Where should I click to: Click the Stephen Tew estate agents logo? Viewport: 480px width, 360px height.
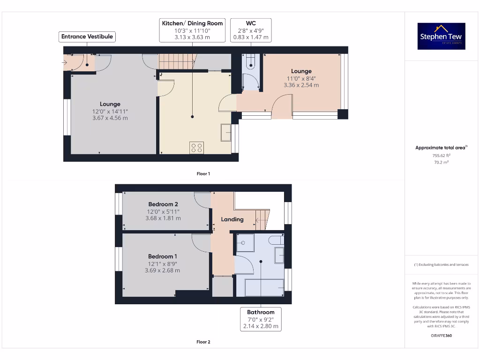coord(441,36)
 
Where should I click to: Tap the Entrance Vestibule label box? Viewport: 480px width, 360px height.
coord(87,37)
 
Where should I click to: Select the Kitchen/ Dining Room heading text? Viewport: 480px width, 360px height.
coord(192,23)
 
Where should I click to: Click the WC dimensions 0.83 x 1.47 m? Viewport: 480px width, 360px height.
coord(251,37)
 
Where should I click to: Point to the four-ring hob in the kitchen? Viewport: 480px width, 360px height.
coord(196,148)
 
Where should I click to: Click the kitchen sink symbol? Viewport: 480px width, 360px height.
coord(226,132)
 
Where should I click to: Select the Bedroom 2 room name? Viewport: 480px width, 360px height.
coord(163,204)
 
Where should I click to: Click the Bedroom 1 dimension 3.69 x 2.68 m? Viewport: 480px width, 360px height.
coord(163,270)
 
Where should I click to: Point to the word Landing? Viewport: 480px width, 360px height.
coord(232,219)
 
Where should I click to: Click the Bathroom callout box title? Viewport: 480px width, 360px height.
coord(261,312)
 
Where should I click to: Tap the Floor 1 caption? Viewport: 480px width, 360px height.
coord(203,174)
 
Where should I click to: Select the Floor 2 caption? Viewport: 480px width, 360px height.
coord(203,342)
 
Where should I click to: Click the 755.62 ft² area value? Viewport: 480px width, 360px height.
coord(441,156)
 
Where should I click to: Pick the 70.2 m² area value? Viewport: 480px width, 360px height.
coord(441,162)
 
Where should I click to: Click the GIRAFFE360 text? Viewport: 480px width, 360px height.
coord(442,336)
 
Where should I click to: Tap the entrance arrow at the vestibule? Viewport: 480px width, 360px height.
coord(65,62)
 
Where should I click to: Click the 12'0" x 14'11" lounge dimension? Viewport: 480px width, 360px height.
coord(110,112)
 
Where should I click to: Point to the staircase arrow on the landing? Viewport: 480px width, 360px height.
coord(260,220)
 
